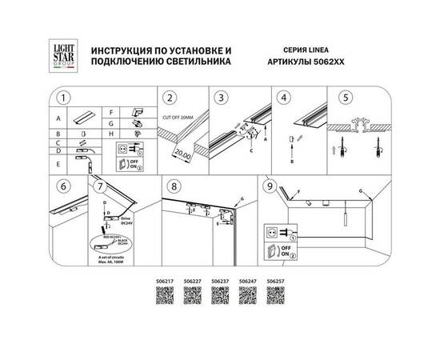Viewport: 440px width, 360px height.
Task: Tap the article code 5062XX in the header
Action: (x=330, y=61)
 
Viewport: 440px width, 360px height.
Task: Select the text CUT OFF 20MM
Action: (x=181, y=118)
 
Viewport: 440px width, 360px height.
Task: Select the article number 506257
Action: (x=275, y=282)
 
